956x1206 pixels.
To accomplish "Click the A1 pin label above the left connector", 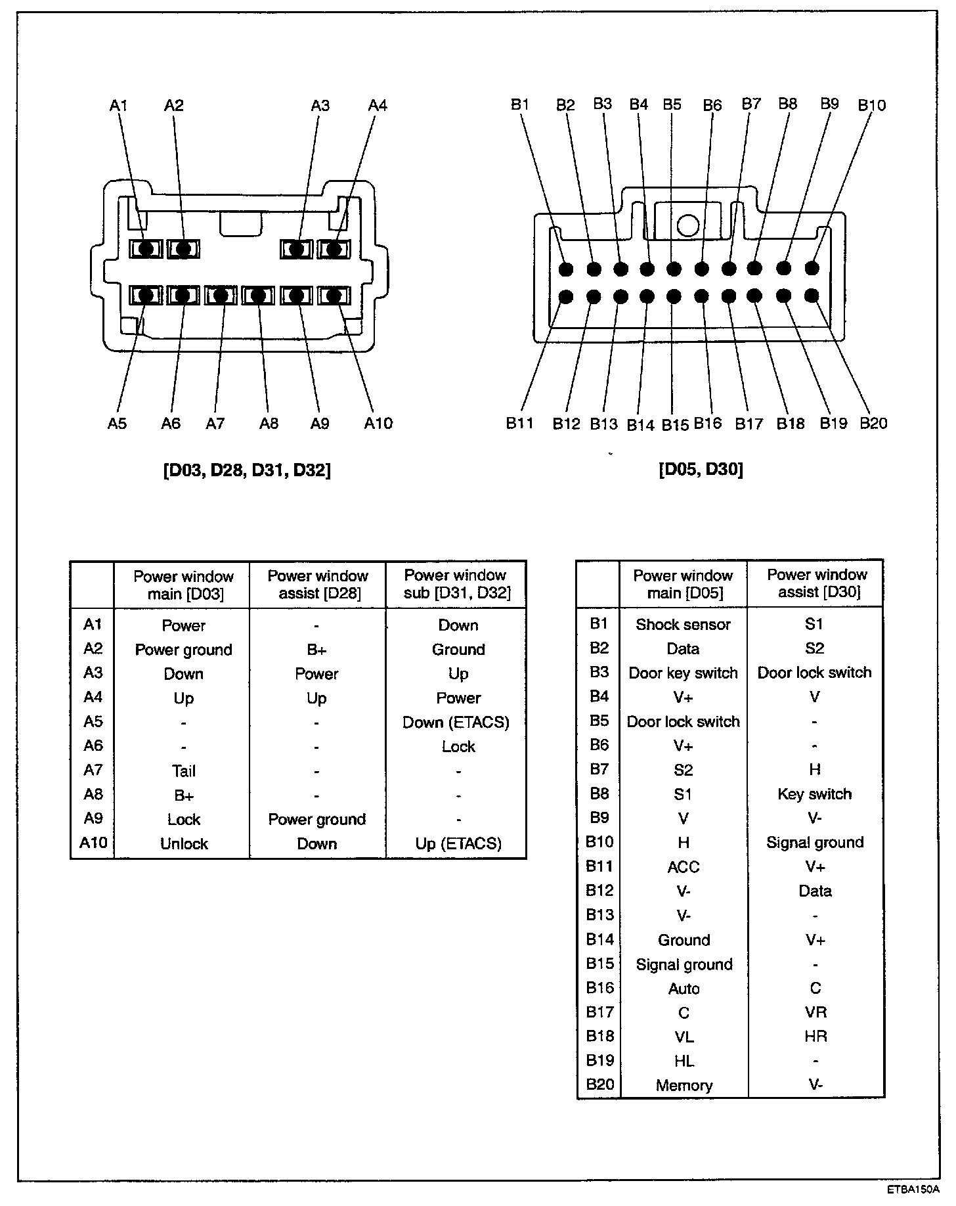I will [119, 105].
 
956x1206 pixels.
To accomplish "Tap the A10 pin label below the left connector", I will [378, 424].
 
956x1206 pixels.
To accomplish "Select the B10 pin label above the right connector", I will [871, 105].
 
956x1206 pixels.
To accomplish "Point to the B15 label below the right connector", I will [674, 425].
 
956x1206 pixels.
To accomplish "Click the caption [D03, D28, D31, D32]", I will [247, 470].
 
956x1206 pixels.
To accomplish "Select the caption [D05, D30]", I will [701, 470].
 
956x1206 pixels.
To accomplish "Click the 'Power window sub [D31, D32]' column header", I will [456, 585].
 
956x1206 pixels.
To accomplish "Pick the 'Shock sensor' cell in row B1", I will [683, 625].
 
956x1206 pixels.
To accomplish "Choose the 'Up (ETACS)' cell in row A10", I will [458, 844].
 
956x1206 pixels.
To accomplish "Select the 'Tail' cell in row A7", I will [184, 771].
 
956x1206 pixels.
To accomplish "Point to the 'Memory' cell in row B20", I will [684, 1086].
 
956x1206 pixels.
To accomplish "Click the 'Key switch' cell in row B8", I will [814, 794].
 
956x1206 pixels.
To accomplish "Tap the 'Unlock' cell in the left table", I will [184, 844].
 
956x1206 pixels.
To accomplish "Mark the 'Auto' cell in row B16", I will [684, 989].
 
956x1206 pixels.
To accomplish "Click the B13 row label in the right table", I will [599, 915].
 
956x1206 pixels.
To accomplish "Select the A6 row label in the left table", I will [93, 746].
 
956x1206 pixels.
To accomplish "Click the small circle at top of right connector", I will [687, 225].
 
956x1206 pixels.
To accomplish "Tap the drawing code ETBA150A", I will [913, 1190].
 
